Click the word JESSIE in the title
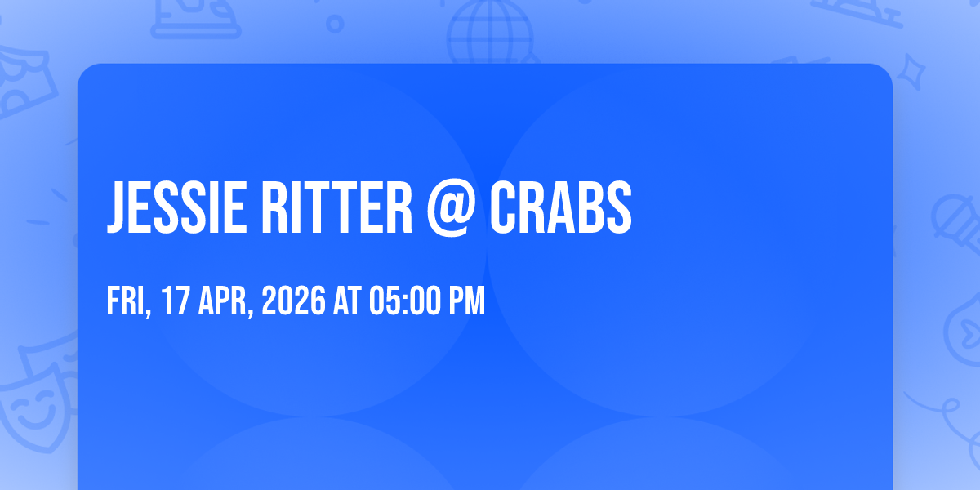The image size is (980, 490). pos(176,207)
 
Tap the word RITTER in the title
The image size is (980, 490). pos(336,207)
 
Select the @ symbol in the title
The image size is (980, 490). pos(451,207)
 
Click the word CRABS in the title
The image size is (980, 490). pos(561,207)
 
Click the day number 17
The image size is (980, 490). pos(176,301)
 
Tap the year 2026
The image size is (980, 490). pos(293,301)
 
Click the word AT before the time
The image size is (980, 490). pos(347,301)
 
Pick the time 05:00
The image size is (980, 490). pos(405,301)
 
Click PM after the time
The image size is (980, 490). pos(467,301)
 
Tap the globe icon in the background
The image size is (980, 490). pos(490,33)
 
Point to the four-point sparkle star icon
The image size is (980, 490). pos(911,72)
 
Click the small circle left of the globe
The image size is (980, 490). pos(335,24)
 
